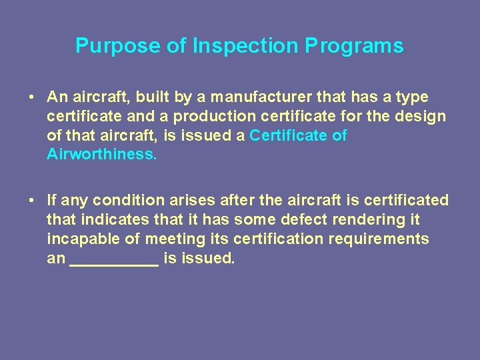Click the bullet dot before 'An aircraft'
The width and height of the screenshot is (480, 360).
(31, 97)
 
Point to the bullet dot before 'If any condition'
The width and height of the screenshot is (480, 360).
(31, 201)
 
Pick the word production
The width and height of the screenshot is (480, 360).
(214, 117)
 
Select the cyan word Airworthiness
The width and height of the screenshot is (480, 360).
(101, 155)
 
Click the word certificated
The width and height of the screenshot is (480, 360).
(407, 201)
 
